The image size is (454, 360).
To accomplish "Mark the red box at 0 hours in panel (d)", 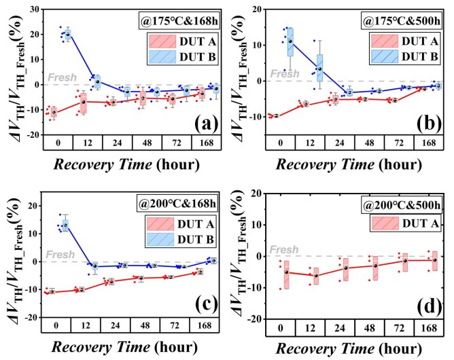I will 287,274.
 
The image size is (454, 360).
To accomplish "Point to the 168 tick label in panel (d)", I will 436,327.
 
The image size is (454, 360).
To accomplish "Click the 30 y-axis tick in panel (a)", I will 31,11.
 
